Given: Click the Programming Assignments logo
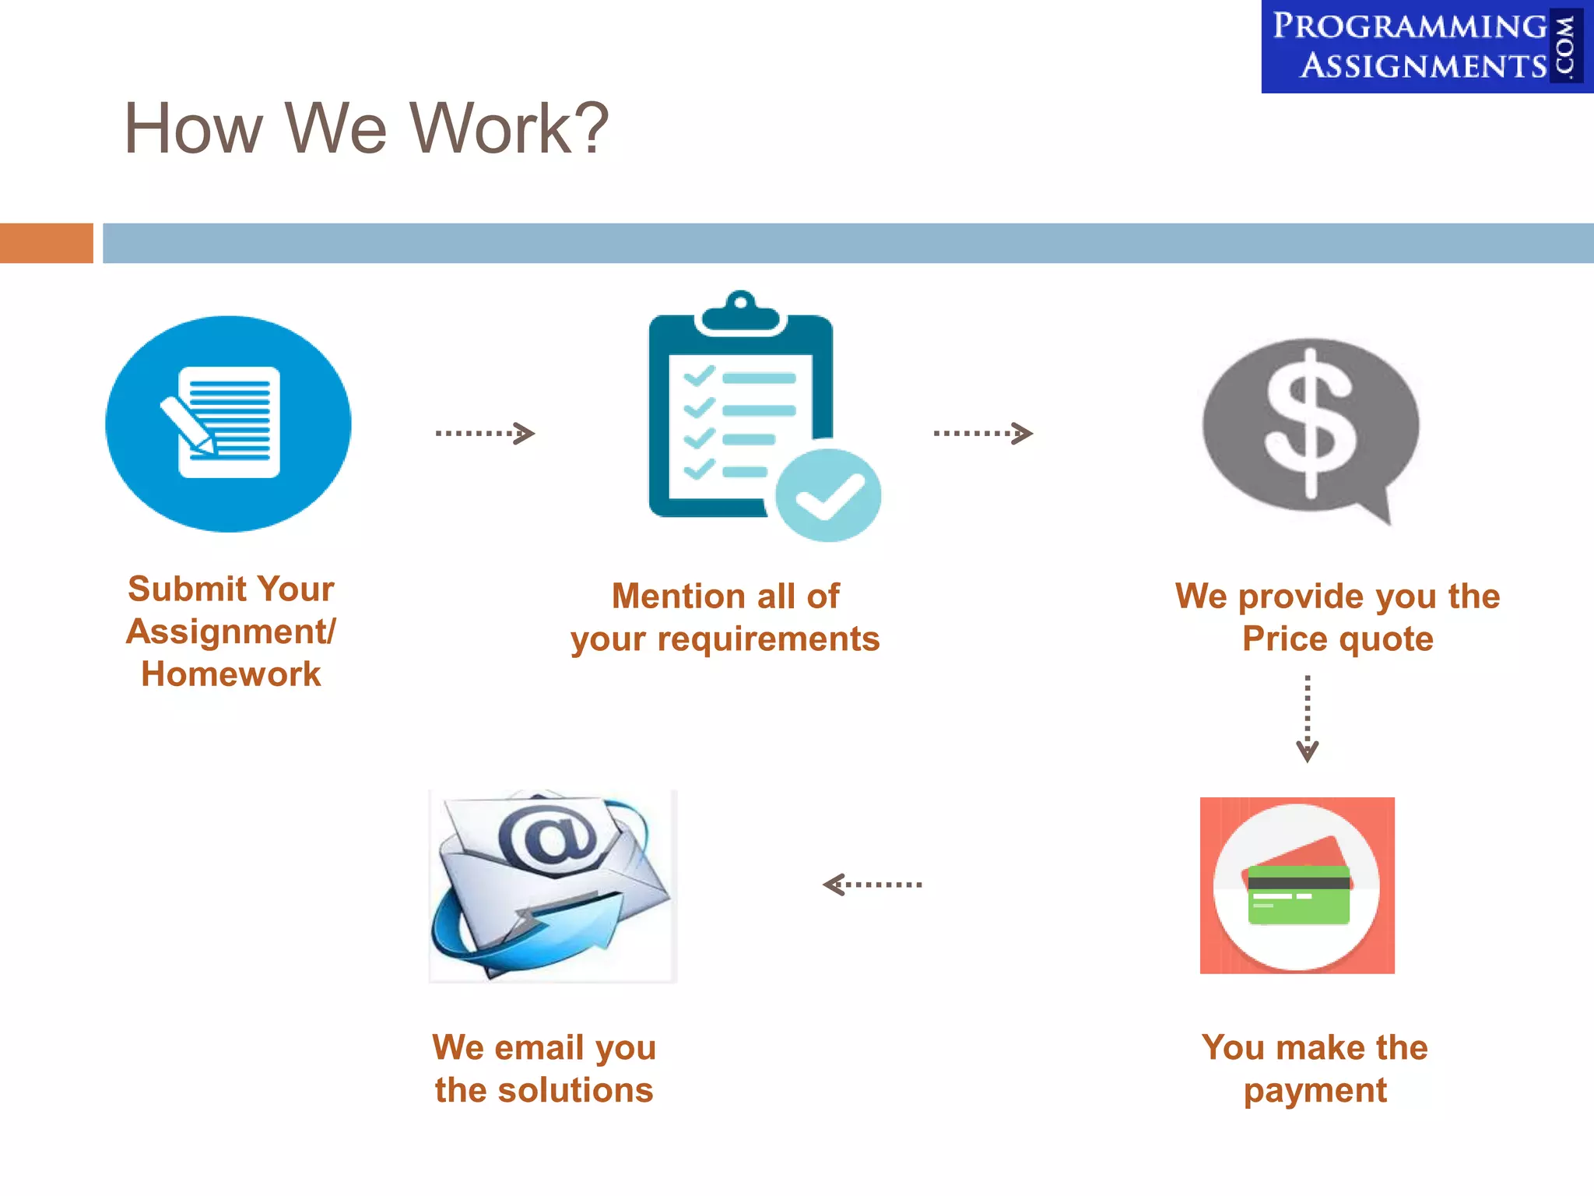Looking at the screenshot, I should pyautogui.click(x=1426, y=47).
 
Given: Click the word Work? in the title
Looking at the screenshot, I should pyautogui.click(x=509, y=128).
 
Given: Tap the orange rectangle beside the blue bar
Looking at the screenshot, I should pyautogui.click(x=46, y=243).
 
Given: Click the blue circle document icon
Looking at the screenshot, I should pyautogui.click(x=228, y=424).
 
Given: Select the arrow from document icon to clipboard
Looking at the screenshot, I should pyautogui.click(x=485, y=433).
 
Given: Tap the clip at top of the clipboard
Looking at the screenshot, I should pyautogui.click(x=740, y=312).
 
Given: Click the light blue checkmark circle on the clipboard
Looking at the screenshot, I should pyautogui.click(x=828, y=495).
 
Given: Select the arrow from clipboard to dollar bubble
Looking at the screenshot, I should pyautogui.click(x=983, y=433).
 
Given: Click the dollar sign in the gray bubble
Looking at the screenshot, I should pyautogui.click(x=1311, y=424).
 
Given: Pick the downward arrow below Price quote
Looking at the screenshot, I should pyautogui.click(x=1308, y=718).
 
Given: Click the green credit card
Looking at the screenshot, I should pyautogui.click(x=1298, y=895).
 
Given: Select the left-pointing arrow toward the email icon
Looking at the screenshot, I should pyautogui.click(x=872, y=885).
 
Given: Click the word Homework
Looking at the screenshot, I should pyautogui.click(x=230, y=674).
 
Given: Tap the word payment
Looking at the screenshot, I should pyautogui.click(x=1315, y=1091).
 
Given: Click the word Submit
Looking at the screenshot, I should pyautogui.click(x=187, y=589).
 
